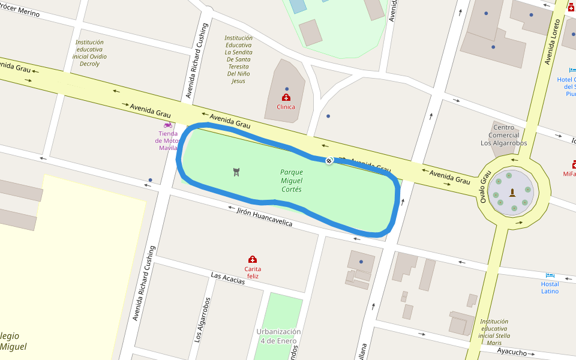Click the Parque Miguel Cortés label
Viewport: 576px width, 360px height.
pos(292,181)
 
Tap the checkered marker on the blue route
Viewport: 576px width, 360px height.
pos(329,160)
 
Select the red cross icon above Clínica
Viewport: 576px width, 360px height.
pos(286,97)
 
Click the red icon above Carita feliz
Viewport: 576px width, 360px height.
pos(253,259)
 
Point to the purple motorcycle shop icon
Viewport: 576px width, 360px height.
pos(168,125)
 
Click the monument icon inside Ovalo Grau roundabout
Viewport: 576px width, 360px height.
pos(512,193)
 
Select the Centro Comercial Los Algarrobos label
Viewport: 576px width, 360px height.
pos(504,135)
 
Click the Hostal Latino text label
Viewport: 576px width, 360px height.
pos(550,288)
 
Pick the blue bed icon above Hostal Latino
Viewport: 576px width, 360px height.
pos(550,275)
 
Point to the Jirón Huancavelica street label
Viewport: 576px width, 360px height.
pos(265,217)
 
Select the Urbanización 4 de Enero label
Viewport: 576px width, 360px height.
pos(279,336)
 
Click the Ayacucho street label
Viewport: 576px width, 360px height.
pos(511,352)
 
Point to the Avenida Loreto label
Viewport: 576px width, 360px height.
pos(553,41)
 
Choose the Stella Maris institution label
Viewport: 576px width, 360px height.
pos(494,332)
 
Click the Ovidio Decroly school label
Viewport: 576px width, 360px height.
pos(89,53)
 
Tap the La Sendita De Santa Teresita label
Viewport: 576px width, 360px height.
pos(238,59)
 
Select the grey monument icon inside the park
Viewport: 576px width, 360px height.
pos(236,172)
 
